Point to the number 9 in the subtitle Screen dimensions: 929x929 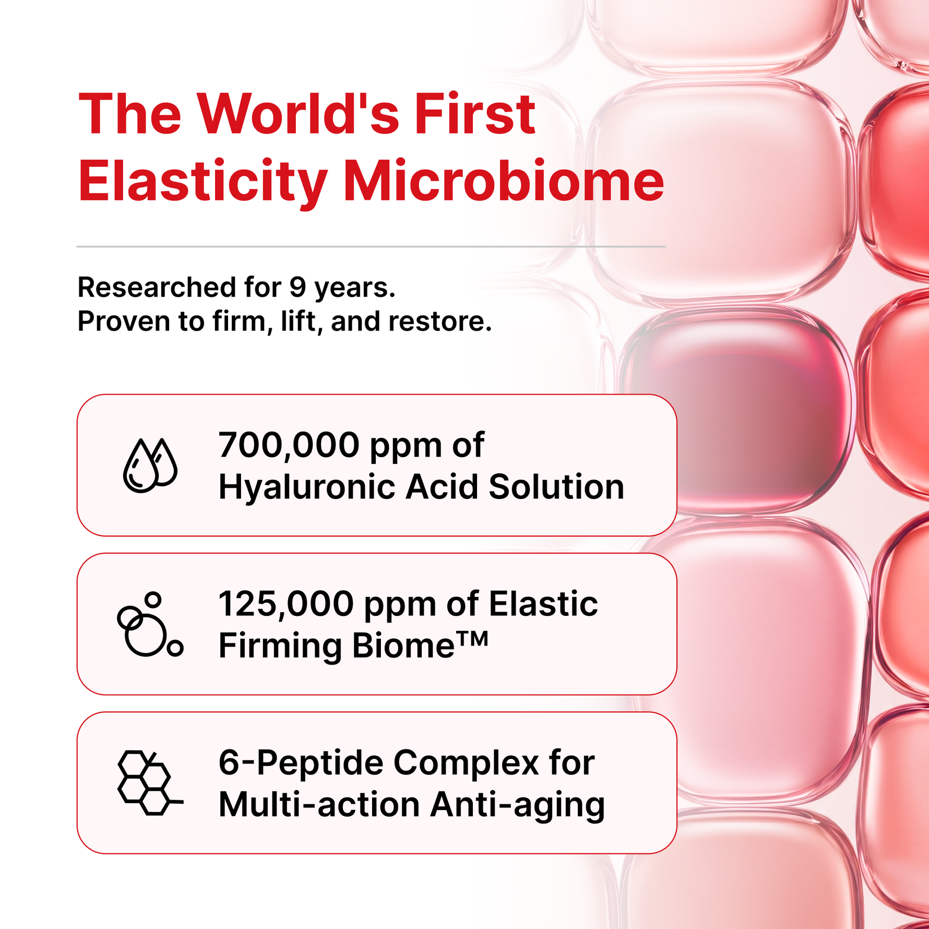pos(298,287)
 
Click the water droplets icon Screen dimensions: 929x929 pos(150,465)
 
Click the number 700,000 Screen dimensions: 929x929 pos(289,445)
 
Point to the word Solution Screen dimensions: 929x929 pos(556,486)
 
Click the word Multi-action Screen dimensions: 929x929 pos(319,804)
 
